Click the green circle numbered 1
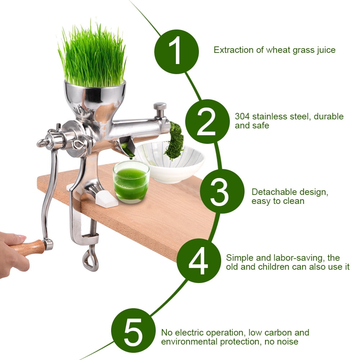pyautogui.click(x=176, y=52)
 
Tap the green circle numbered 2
pyautogui.click(x=206, y=122)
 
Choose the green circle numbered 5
pyautogui.click(x=133, y=330)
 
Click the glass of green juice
pyautogui.click(x=131, y=181)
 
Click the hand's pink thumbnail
pyautogui.click(x=21, y=237)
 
